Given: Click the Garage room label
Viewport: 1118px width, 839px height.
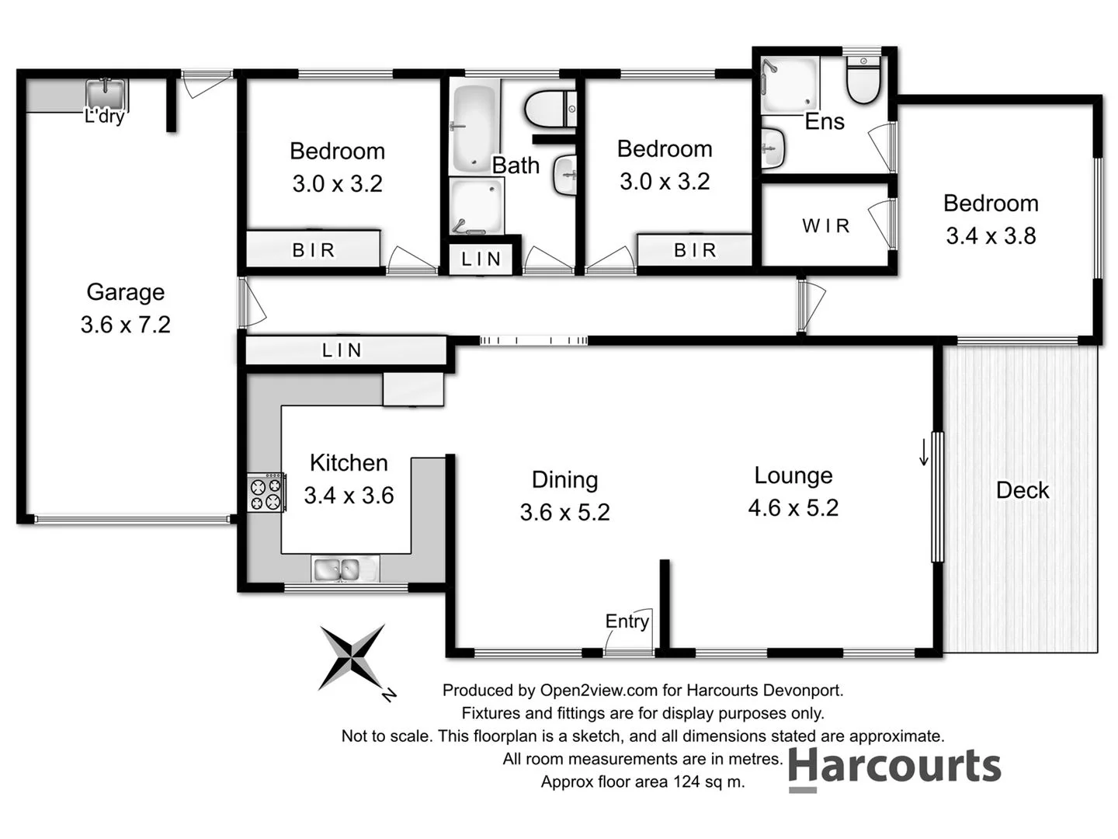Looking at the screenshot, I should [x=125, y=292].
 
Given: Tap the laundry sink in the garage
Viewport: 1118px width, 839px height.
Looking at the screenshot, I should [x=106, y=94].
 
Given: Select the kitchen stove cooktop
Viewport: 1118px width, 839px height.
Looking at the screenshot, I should [x=266, y=493].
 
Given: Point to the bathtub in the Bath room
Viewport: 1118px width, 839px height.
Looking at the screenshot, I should [x=474, y=127].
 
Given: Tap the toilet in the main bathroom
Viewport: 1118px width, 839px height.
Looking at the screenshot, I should [x=550, y=110].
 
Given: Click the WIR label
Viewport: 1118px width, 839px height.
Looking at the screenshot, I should [x=826, y=226].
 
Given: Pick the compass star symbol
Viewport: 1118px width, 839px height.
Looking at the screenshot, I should [x=352, y=657].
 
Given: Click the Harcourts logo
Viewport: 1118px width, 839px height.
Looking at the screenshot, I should [x=894, y=768].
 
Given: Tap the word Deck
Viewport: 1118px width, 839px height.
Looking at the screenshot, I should [x=1022, y=490].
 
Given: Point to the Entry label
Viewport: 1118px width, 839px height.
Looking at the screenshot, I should [x=627, y=621].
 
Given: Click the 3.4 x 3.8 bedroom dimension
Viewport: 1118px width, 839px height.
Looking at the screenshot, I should [x=991, y=236].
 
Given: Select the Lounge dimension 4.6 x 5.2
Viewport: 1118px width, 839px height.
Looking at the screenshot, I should [x=793, y=508].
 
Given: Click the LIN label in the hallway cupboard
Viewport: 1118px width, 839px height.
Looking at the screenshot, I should [x=342, y=350].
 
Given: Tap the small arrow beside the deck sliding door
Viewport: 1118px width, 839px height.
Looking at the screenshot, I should [x=923, y=452].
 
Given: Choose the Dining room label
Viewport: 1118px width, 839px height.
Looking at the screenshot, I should [x=564, y=479].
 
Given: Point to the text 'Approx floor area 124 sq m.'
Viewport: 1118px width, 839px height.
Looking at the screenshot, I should [x=642, y=782].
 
